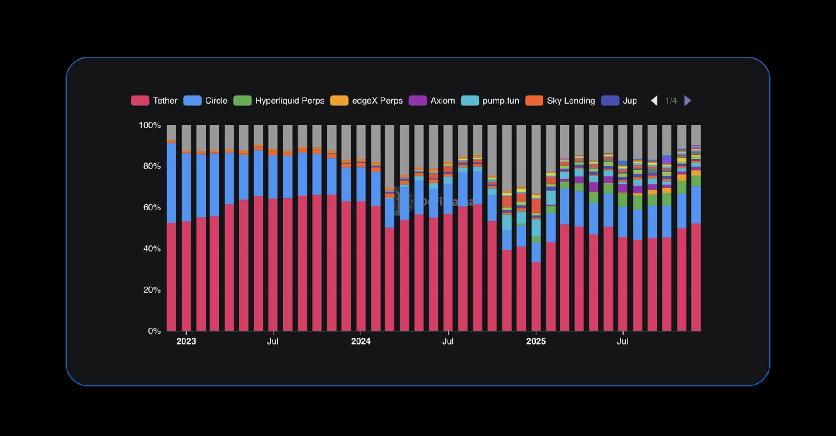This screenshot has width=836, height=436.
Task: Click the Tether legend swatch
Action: (140, 101)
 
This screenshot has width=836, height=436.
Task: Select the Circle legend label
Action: (216, 101)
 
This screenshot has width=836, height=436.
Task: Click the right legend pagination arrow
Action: (688, 101)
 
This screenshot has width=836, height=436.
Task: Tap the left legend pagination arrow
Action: (654, 101)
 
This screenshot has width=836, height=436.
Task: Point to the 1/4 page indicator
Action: (671, 101)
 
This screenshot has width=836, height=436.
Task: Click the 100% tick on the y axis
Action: (149, 125)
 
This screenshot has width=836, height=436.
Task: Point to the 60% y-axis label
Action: (152, 207)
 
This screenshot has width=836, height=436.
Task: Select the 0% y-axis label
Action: (154, 331)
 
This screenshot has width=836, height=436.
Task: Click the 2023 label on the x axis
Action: (186, 341)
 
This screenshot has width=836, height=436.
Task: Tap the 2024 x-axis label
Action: (361, 341)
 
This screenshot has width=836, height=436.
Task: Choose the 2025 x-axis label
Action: (536, 341)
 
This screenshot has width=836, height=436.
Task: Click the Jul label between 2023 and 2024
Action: (273, 341)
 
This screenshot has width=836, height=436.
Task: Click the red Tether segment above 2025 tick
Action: (536, 296)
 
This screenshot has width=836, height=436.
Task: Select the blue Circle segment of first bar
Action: (172, 183)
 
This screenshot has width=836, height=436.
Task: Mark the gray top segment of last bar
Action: (696, 135)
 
